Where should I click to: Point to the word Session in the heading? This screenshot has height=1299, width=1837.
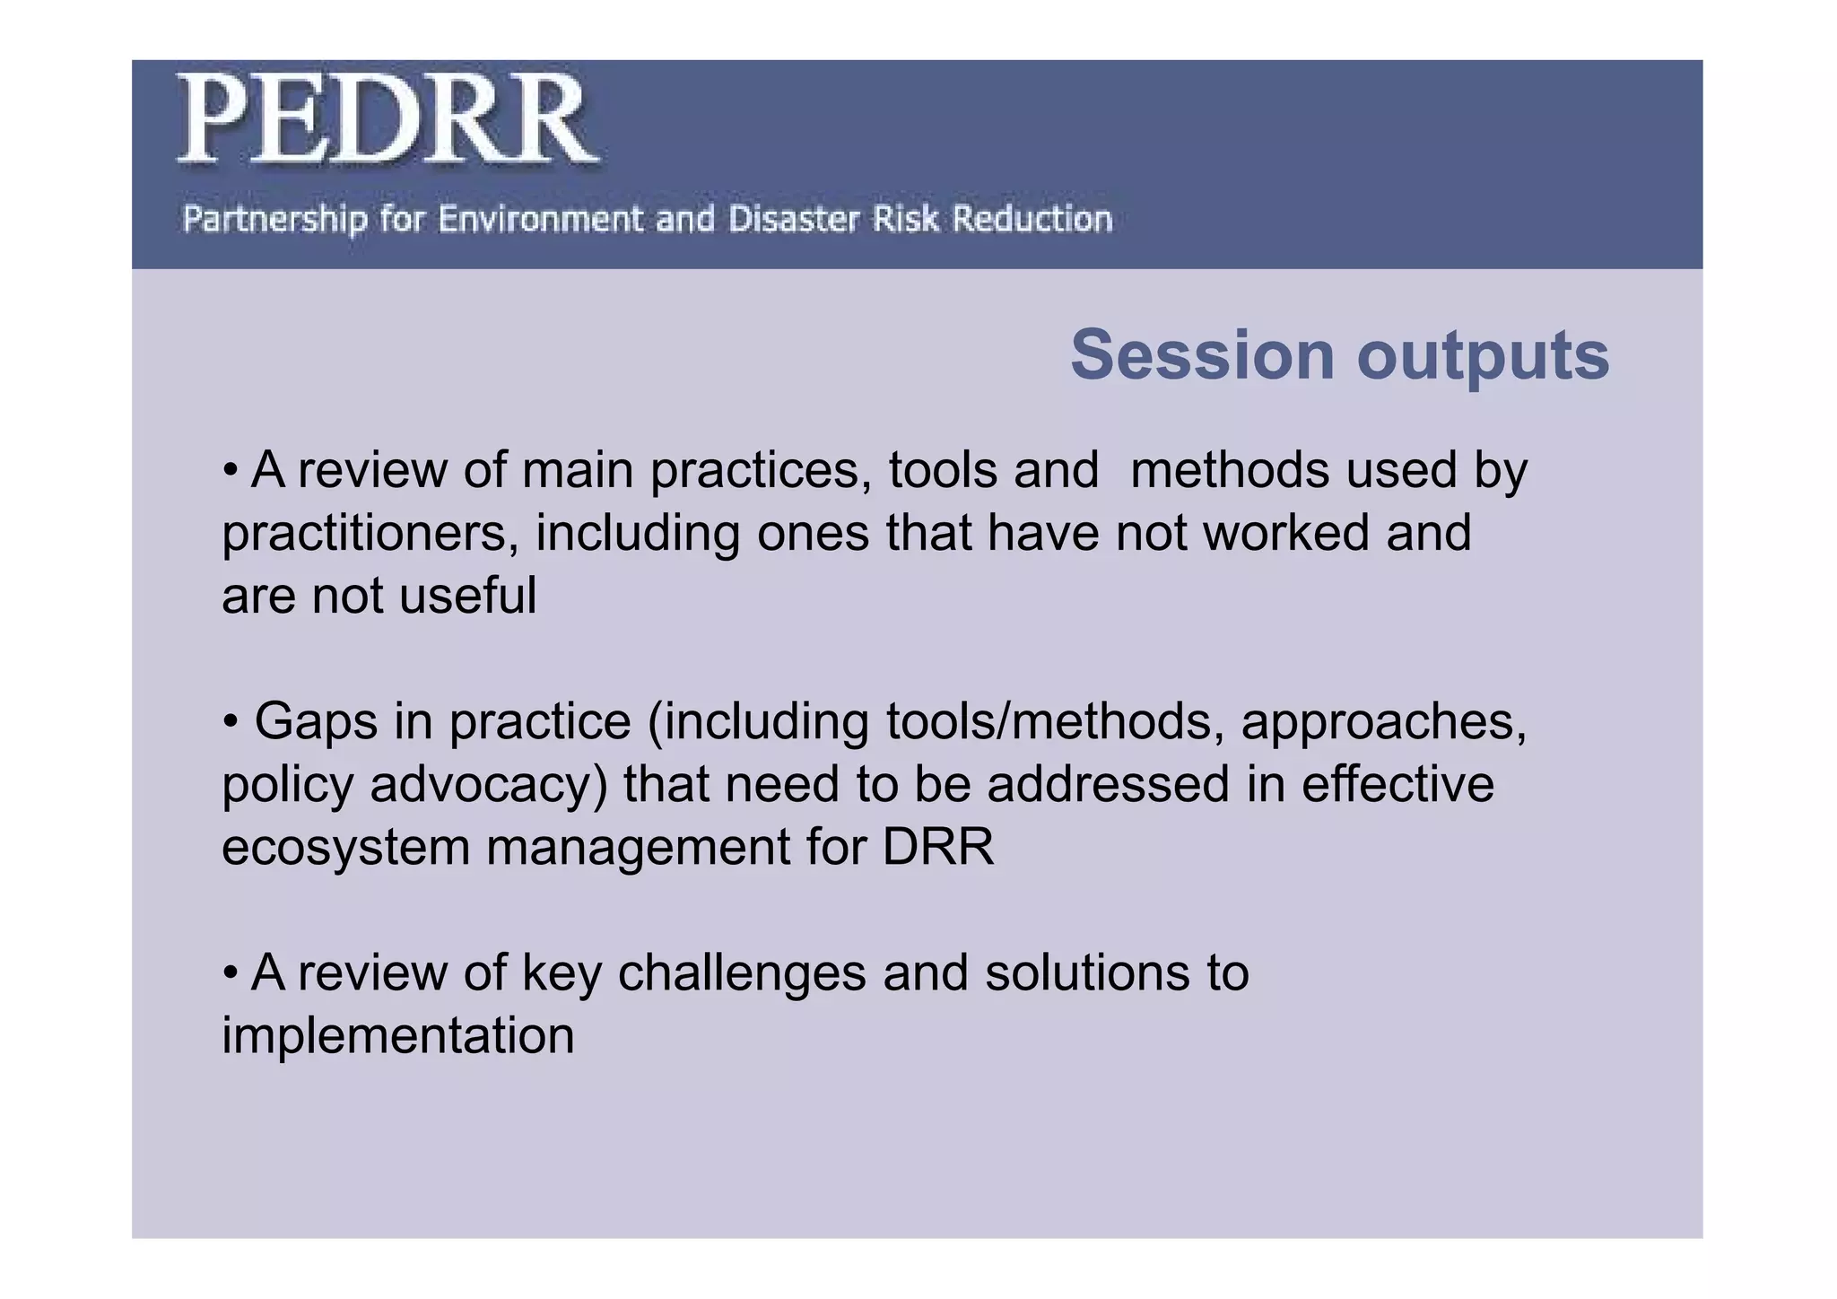click(x=1202, y=356)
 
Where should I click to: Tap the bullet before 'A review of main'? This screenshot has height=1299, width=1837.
click(x=231, y=470)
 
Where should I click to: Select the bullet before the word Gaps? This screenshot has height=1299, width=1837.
click(x=231, y=721)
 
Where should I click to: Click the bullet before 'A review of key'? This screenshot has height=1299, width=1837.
click(x=231, y=972)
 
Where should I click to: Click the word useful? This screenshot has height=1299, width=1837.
click(x=467, y=596)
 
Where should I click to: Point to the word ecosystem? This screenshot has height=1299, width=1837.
click(x=345, y=848)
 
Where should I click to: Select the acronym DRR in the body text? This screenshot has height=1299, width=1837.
click(x=938, y=847)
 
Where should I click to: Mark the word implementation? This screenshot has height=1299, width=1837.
click(x=397, y=1036)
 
